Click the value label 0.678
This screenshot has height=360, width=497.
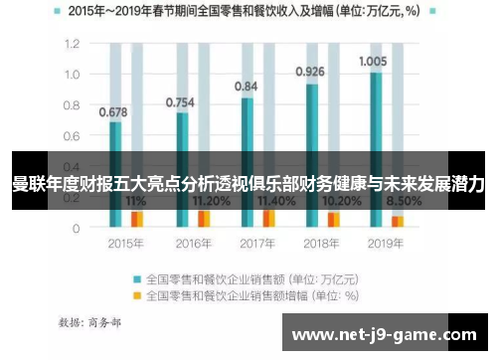pos(113,111)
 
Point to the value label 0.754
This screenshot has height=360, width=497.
pos(180,102)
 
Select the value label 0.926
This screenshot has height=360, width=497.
pos(311,72)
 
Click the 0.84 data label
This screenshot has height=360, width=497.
pos(246,87)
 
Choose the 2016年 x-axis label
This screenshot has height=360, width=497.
pos(188,243)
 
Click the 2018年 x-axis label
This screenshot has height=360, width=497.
pos(318,243)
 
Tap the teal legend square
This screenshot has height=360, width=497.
pos(137,278)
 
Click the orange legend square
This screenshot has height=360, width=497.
pos(137,295)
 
